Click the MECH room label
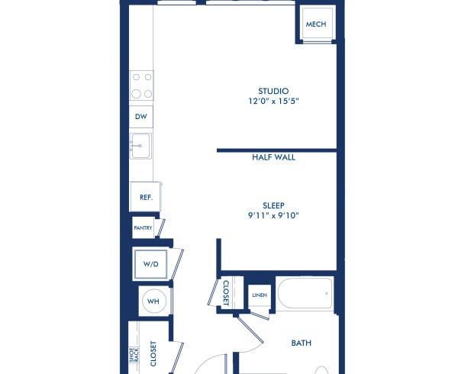(x=315, y=24)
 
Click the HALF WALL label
(x=273, y=158)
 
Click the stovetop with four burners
(x=141, y=85)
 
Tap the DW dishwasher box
(x=141, y=117)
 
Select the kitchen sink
(x=141, y=145)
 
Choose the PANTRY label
(x=143, y=227)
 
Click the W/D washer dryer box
(x=150, y=263)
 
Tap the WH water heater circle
(x=153, y=301)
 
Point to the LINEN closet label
(x=259, y=295)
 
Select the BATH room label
(x=302, y=343)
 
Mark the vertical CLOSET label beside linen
(x=226, y=292)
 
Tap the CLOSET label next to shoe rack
(x=153, y=354)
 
